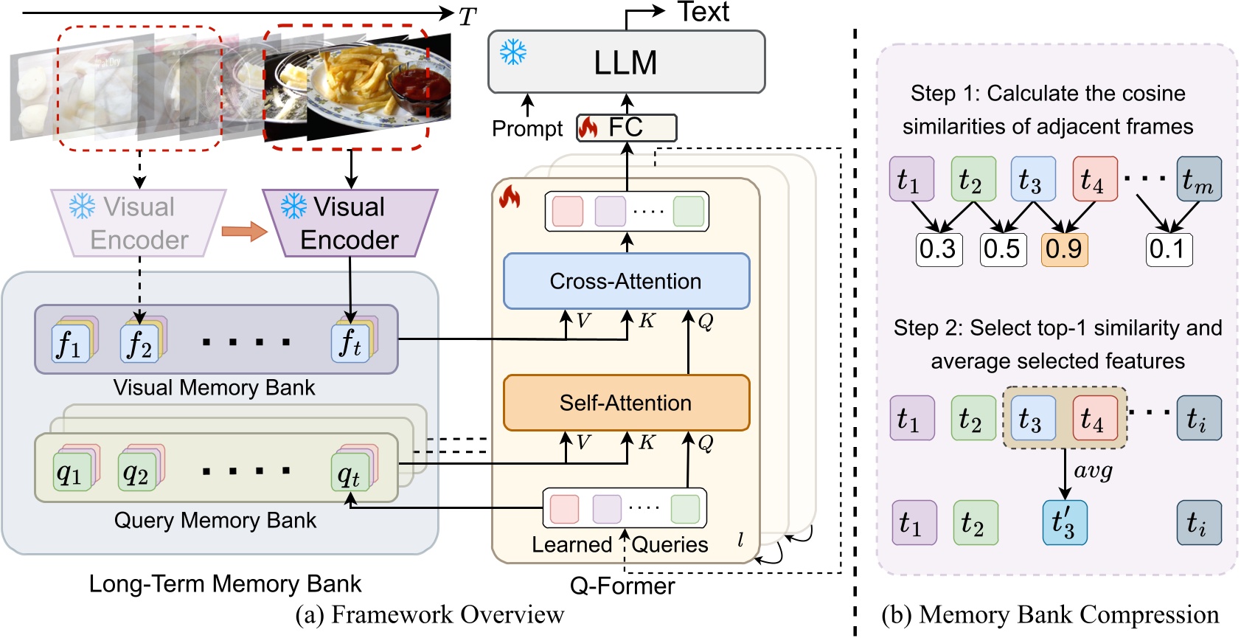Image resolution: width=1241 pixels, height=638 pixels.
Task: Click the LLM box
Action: pyautogui.click(x=626, y=62)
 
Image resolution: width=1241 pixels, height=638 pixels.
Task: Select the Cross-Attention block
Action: pyautogui.click(x=626, y=281)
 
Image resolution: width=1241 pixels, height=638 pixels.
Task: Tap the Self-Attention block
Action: pyautogui.click(x=626, y=403)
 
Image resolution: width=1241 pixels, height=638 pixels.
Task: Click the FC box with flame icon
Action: pyautogui.click(x=626, y=128)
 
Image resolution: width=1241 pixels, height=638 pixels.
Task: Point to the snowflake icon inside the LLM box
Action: pyautogui.click(x=513, y=52)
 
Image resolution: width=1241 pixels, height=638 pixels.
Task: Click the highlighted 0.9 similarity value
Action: pyautogui.click(x=1064, y=249)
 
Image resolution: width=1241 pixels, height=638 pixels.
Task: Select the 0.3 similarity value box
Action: pyautogui.click(x=938, y=249)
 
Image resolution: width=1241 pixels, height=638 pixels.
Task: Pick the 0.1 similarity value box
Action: pyautogui.click(x=1168, y=249)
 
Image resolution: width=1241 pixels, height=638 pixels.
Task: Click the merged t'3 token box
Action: pyautogui.click(x=1064, y=522)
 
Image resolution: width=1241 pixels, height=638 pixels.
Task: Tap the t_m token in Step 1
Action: pyautogui.click(x=1198, y=179)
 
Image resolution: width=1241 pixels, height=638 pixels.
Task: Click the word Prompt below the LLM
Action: pyautogui.click(x=526, y=128)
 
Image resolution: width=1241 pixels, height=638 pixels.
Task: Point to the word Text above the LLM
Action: pyautogui.click(x=703, y=12)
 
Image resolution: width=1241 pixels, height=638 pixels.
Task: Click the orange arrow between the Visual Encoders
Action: pyautogui.click(x=244, y=232)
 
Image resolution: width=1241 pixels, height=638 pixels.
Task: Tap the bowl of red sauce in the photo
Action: pyautogui.click(x=419, y=86)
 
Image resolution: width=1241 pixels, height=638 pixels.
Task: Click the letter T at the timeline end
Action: pyautogui.click(x=467, y=16)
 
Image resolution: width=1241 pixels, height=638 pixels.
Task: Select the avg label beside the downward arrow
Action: pyautogui.click(x=1093, y=471)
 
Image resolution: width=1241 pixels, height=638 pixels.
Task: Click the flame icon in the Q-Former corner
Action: pyautogui.click(x=510, y=197)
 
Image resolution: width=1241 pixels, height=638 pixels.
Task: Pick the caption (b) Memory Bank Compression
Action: pyautogui.click(x=1050, y=614)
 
